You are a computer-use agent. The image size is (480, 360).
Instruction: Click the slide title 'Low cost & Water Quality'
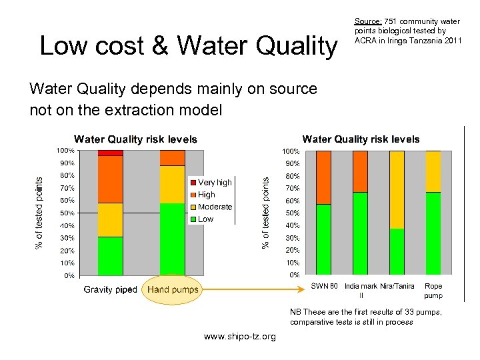tap(189, 46)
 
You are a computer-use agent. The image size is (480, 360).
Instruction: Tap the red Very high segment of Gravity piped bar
tap(110, 153)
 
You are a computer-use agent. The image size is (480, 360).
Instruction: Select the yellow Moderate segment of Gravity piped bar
tap(110, 220)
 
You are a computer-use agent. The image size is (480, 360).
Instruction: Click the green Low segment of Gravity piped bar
tap(110, 256)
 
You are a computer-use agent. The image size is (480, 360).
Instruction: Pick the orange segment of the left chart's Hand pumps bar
tap(172, 158)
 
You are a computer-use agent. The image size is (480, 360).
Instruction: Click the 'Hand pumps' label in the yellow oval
tap(173, 289)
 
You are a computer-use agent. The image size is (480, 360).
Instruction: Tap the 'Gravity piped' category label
tap(110, 289)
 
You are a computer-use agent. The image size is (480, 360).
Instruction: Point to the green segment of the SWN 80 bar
tap(323, 239)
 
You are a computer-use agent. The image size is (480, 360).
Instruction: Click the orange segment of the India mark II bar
tap(360, 171)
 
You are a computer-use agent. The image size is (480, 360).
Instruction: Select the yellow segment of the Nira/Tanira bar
tap(397, 190)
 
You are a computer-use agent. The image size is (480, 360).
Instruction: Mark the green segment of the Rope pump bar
tap(433, 233)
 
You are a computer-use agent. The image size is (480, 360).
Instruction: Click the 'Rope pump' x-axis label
tap(433, 290)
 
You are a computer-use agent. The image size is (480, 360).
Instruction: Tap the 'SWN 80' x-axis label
tap(325, 286)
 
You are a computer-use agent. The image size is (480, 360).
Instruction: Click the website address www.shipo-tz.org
tap(239, 337)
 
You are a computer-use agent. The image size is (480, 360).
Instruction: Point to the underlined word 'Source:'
tap(367, 21)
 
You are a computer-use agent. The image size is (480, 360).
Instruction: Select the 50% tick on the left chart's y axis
tap(68, 213)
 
